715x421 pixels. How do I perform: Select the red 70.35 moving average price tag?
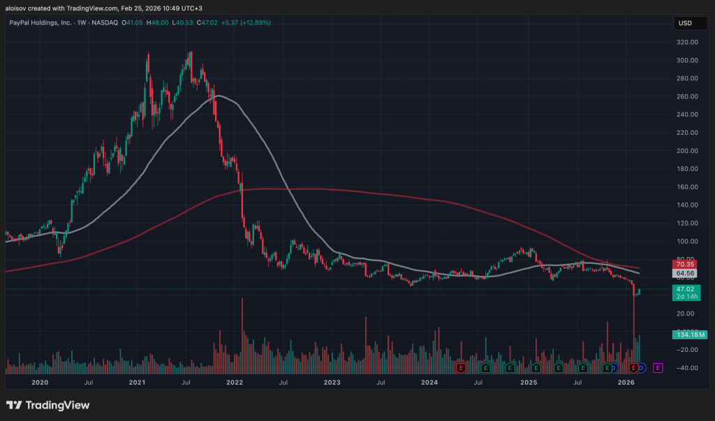684,264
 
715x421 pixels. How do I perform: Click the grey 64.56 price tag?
684,273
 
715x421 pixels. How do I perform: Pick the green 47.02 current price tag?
684,288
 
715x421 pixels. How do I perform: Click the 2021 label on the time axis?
138,383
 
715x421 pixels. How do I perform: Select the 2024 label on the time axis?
429,383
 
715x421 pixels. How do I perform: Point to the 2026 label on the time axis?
626,383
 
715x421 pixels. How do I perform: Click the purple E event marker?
658,367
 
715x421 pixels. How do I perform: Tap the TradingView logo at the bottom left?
47,406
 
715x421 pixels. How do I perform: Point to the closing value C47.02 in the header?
208,23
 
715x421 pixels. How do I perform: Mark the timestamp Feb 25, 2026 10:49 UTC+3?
143,7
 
